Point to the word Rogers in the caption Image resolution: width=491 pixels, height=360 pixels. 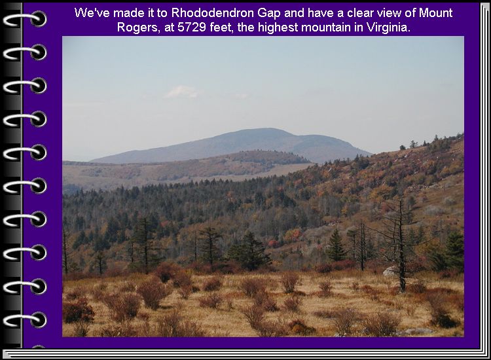pyautogui.click(x=137, y=28)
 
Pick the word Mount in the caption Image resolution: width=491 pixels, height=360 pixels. pyautogui.click(x=435, y=13)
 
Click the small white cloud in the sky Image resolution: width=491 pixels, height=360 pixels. pyautogui.click(x=183, y=92)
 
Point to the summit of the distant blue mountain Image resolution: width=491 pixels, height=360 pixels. pyautogui.click(x=266, y=129)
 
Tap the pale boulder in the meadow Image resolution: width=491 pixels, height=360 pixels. pyautogui.click(x=390, y=272)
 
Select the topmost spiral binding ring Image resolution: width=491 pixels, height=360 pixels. pyautogui.click(x=25, y=20)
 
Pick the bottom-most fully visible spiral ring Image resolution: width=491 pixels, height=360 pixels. pyautogui.click(x=25, y=320)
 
